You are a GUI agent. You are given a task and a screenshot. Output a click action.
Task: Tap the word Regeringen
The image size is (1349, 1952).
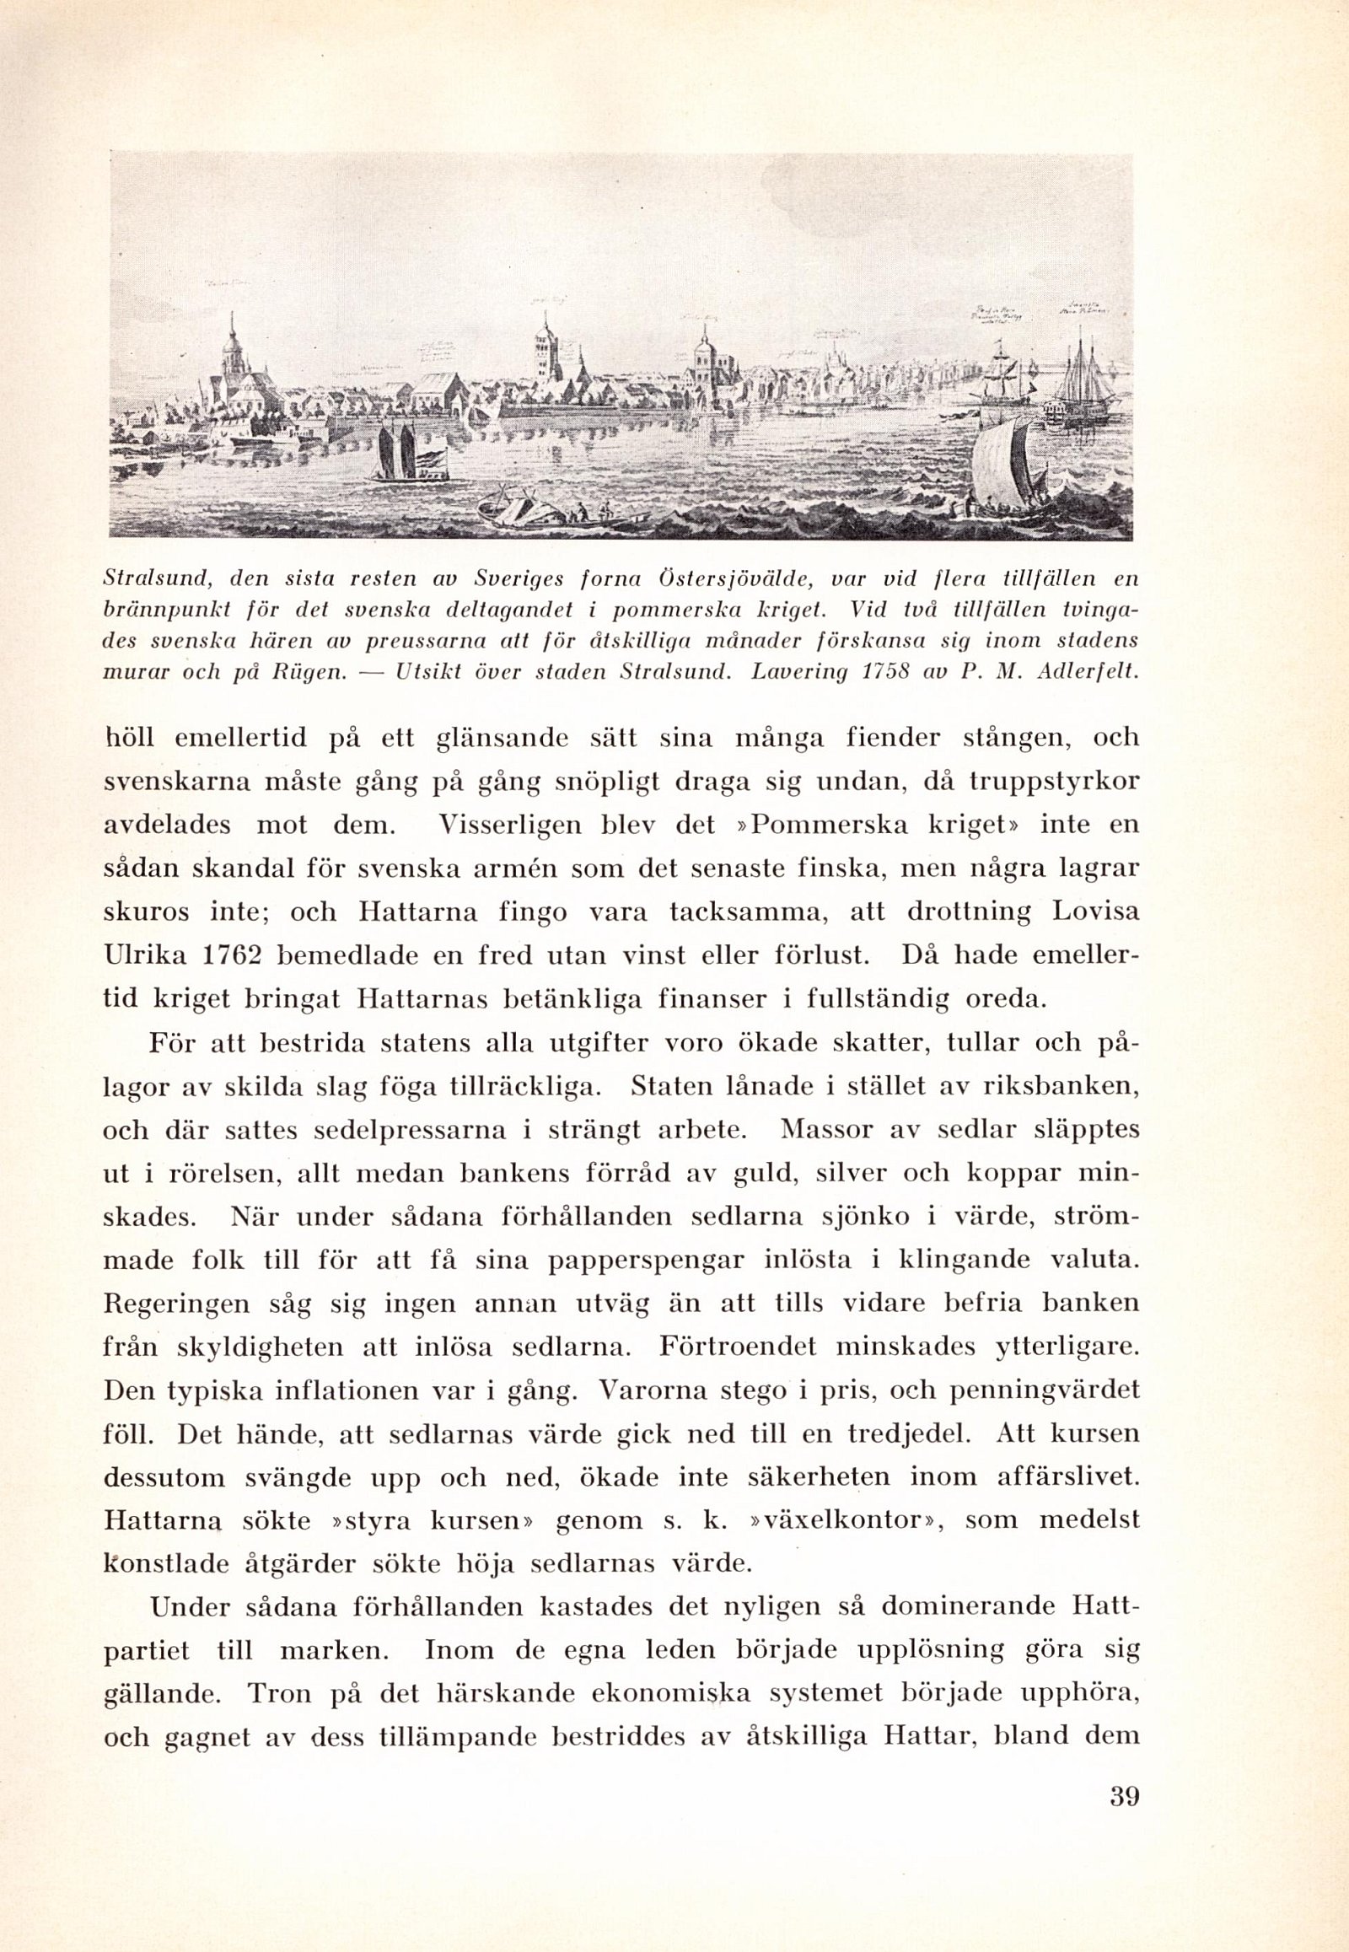[177, 1304]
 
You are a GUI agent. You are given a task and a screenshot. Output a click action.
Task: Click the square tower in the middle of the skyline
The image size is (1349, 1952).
[546, 353]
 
